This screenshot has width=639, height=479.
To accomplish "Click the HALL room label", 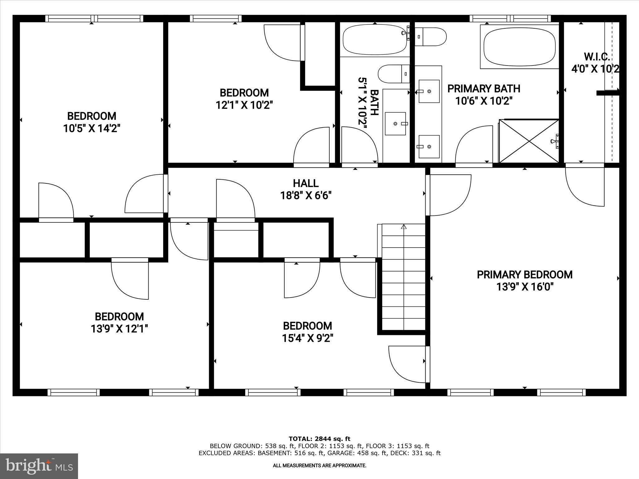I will click(305, 183).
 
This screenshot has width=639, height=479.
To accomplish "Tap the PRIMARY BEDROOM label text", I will click(524, 275).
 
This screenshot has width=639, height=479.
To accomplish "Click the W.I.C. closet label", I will click(597, 57).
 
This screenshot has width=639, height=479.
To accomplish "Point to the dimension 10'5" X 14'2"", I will click(92, 128).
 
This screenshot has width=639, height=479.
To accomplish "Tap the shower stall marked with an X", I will click(529, 141).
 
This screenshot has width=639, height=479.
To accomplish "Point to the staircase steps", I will click(404, 281).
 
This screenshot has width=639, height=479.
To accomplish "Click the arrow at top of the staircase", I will click(404, 227).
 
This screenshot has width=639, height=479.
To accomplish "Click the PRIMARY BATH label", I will click(484, 89).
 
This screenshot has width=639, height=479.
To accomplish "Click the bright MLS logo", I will click(39, 466).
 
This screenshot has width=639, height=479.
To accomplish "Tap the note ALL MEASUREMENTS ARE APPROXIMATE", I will click(319, 466).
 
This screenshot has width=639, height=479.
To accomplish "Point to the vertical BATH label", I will click(374, 103).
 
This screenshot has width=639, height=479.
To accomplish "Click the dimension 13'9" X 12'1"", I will click(119, 329).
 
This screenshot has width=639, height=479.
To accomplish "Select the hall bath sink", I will click(395, 124).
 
